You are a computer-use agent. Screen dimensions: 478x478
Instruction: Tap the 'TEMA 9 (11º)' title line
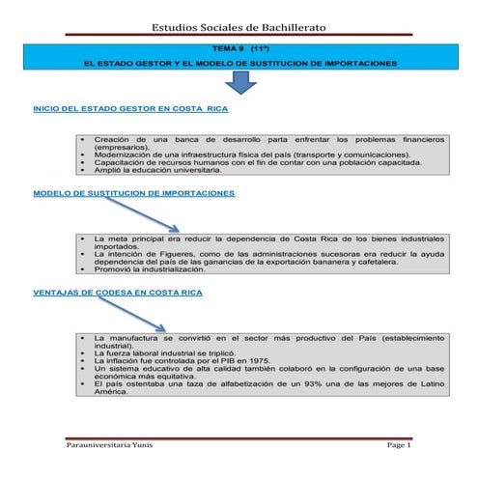pos(239,47)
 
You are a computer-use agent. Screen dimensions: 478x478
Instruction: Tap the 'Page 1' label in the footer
pos(399,445)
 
